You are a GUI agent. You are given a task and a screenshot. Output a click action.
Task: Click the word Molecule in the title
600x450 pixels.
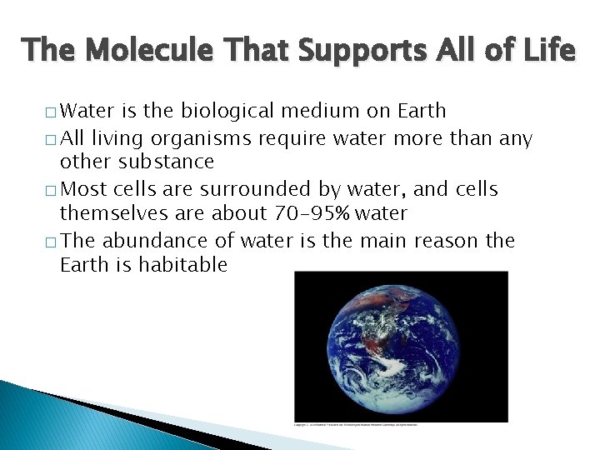click(x=137, y=51)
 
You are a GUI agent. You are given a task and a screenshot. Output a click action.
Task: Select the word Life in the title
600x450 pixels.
click(x=547, y=51)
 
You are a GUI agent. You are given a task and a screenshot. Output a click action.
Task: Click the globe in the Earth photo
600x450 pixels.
click(x=402, y=344)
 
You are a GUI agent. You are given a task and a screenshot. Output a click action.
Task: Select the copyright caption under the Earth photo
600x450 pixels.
click(x=357, y=424)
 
